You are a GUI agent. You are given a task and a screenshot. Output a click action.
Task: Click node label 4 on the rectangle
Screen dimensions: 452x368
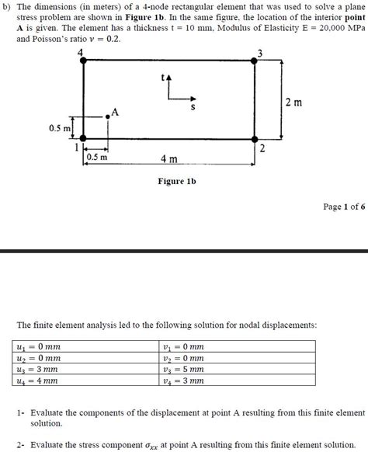(x=82, y=53)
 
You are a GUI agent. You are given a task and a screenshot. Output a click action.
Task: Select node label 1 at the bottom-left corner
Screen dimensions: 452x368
(x=76, y=145)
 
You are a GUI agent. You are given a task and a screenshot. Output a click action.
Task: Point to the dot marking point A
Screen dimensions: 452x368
(x=107, y=117)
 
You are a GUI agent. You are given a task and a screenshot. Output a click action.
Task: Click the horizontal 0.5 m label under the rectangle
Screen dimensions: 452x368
(x=97, y=156)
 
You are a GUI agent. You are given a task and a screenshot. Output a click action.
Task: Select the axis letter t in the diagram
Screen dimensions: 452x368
(x=162, y=77)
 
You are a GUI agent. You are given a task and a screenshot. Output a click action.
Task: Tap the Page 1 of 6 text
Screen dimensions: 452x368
(x=342, y=207)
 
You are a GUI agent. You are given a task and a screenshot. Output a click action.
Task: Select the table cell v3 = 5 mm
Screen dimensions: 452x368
(x=184, y=370)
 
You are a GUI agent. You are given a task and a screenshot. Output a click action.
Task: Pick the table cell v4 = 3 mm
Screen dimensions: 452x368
(x=184, y=381)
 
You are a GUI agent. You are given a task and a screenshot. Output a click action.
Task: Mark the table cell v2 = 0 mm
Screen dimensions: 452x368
(x=184, y=358)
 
